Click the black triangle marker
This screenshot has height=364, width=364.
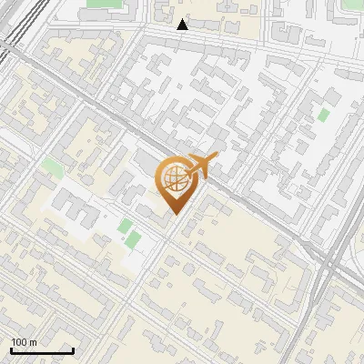183,25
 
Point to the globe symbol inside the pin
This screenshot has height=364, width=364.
175,178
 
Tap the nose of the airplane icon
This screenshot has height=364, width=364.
217,158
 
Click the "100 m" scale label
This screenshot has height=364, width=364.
24,342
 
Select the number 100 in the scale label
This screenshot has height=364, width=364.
19,342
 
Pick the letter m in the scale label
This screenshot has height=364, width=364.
33,342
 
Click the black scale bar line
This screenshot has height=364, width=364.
42,350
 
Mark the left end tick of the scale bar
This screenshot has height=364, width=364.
11,349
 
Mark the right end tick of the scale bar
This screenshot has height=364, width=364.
73,349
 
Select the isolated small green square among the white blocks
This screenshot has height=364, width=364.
323,116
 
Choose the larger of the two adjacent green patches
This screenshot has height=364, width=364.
133,239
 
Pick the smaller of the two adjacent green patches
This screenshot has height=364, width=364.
125,225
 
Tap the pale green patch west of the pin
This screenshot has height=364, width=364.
52,167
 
